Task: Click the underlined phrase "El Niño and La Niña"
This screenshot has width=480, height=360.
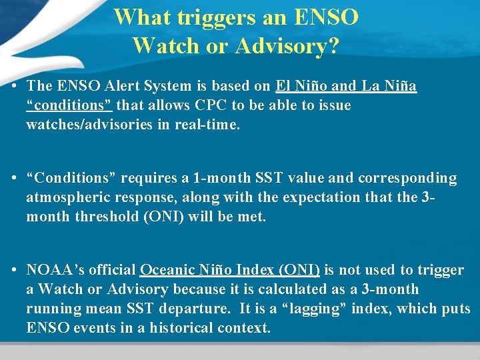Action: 345,86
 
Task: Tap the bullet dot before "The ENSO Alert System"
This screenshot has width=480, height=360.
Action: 14,86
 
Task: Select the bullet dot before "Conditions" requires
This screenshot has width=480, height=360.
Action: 14,178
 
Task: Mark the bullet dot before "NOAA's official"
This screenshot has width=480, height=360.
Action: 14,270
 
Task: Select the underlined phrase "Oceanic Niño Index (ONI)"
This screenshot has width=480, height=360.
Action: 230,270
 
